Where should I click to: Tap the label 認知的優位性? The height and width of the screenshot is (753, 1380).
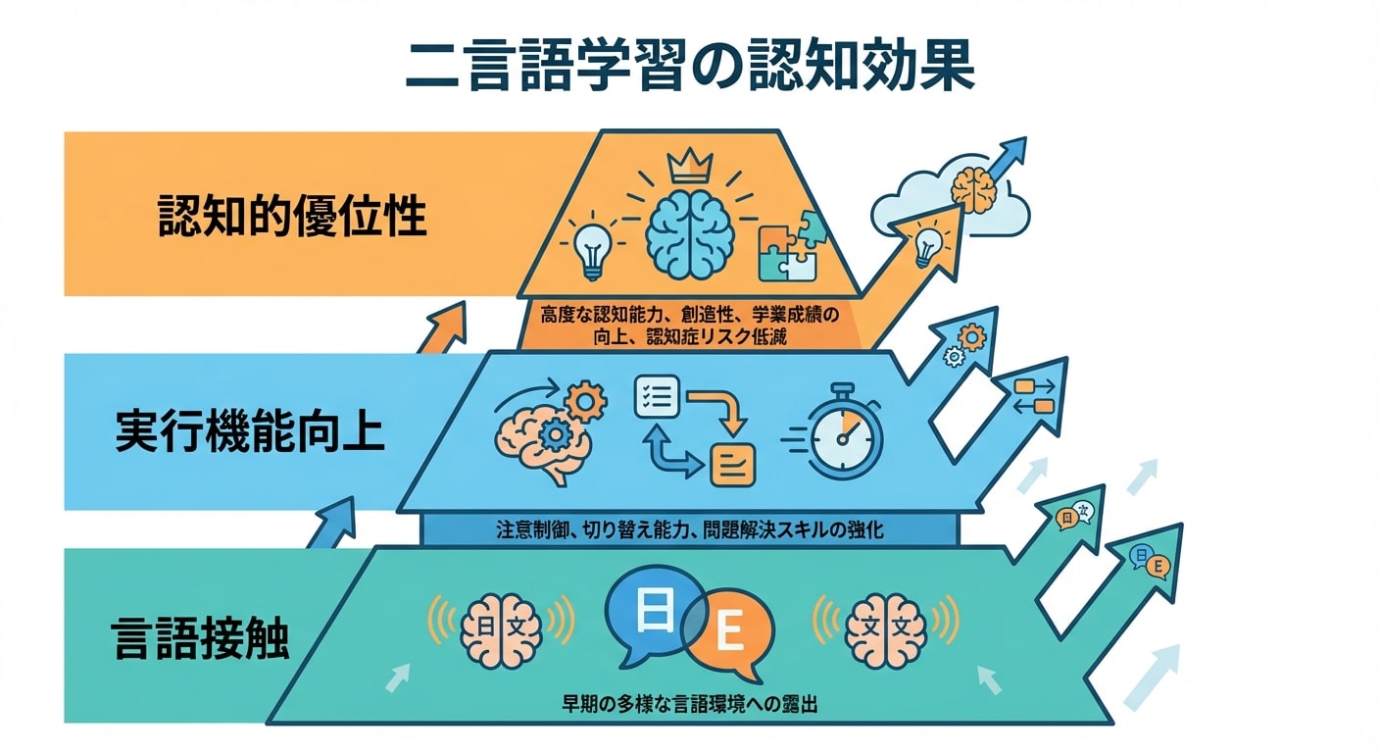coord(293,217)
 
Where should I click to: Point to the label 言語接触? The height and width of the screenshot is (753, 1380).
coord(200,636)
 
